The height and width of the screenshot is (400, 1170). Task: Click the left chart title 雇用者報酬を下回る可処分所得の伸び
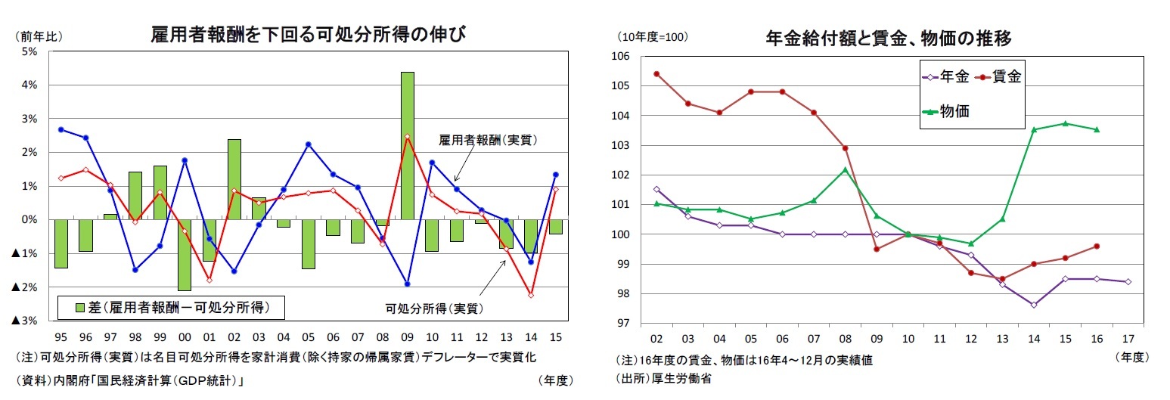(x=307, y=35)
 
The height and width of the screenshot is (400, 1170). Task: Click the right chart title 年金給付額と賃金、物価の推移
(x=889, y=38)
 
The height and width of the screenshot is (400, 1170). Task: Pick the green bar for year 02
(x=234, y=179)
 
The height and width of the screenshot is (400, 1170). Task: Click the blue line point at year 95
(x=61, y=129)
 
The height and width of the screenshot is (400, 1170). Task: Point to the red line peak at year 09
(x=407, y=137)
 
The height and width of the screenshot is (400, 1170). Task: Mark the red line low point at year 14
(x=531, y=295)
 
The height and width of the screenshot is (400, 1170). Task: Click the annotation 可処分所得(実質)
(x=435, y=309)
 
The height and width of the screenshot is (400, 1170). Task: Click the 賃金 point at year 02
(x=656, y=74)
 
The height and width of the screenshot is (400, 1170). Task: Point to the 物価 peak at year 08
(x=845, y=169)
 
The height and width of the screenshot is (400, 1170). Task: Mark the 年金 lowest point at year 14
(x=1033, y=305)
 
